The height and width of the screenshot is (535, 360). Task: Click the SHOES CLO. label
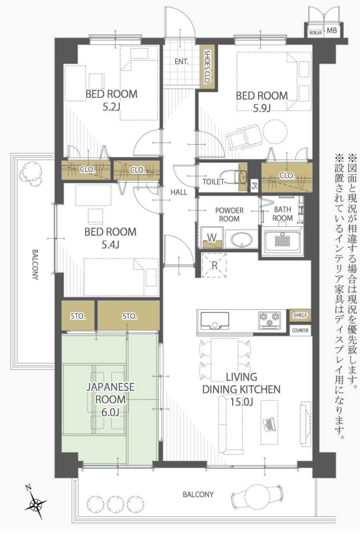click(x=207, y=67)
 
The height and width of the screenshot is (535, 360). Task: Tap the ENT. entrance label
click(x=182, y=62)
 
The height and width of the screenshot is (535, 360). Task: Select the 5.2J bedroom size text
click(x=111, y=107)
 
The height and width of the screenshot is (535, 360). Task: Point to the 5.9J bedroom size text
click(x=261, y=108)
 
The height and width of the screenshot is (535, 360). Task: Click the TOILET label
click(x=213, y=182)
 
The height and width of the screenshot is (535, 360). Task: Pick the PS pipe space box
click(x=254, y=186)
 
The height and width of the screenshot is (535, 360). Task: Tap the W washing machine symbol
click(x=212, y=238)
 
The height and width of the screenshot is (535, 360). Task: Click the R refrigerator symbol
click(x=214, y=266)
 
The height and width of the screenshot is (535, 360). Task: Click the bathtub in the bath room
click(x=282, y=241)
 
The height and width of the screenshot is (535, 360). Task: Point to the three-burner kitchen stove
click(x=270, y=320)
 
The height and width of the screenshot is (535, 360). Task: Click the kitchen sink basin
click(x=215, y=321)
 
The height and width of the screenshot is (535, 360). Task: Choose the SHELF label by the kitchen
click(x=300, y=316)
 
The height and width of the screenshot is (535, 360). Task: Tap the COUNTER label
click(x=301, y=330)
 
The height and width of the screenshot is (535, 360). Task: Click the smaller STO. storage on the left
click(x=78, y=316)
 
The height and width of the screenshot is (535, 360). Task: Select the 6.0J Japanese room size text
click(x=110, y=412)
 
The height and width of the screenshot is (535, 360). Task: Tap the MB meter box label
click(x=332, y=31)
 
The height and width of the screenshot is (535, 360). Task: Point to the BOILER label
click(x=315, y=33)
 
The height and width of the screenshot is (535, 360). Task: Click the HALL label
click(x=179, y=192)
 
